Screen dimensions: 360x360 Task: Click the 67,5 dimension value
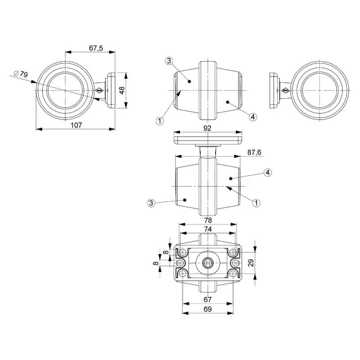(x=96, y=48)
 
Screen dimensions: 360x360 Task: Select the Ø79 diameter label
(x=21, y=74)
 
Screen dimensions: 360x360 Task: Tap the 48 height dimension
(x=122, y=90)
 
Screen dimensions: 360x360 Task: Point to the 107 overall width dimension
(x=76, y=125)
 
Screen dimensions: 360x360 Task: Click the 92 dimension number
(x=207, y=128)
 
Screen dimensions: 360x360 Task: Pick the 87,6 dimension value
(x=254, y=152)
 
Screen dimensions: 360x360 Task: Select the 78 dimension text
(x=208, y=220)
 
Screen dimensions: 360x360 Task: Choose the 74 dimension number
(x=208, y=229)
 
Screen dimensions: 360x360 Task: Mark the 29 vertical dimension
(x=251, y=263)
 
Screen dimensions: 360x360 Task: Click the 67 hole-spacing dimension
(x=207, y=300)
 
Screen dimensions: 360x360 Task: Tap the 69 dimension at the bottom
(x=207, y=309)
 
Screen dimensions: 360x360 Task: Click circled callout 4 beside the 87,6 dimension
(x=268, y=172)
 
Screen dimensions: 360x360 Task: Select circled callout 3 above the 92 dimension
(x=169, y=61)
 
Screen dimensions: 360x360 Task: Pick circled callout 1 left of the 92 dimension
(x=160, y=121)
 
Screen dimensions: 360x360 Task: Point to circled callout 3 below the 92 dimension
(x=151, y=203)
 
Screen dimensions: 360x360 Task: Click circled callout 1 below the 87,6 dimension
(x=256, y=203)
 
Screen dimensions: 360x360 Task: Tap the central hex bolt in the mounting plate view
(x=207, y=263)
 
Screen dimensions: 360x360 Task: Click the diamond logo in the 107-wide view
(x=99, y=90)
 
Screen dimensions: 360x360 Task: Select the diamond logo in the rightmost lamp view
(x=286, y=91)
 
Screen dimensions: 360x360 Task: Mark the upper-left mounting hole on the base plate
(x=183, y=252)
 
